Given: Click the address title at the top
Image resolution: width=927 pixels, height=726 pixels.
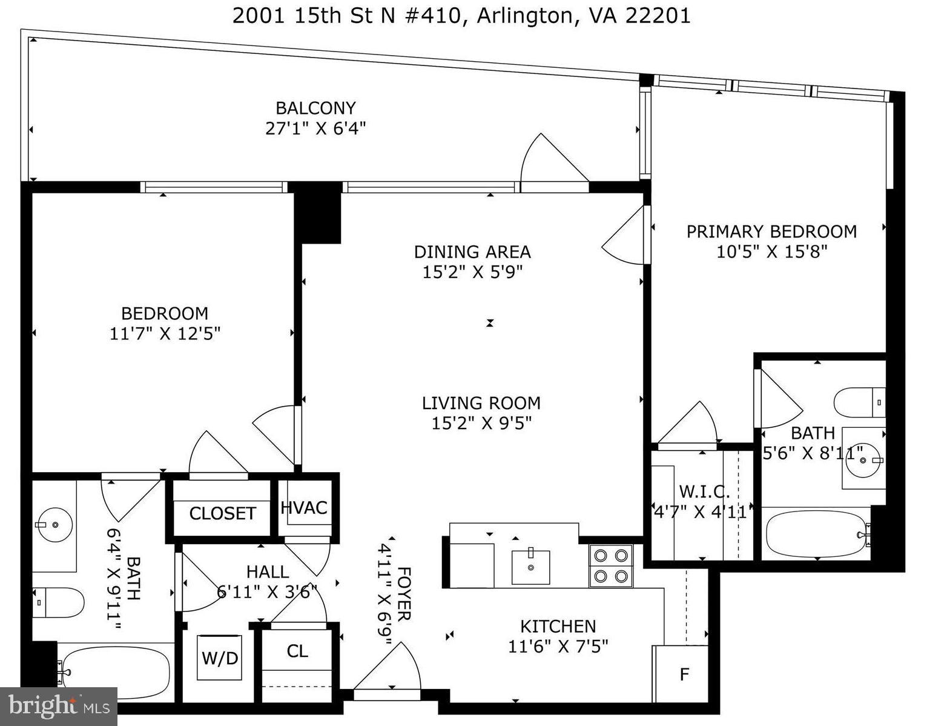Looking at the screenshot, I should pyautogui.click(x=461, y=15).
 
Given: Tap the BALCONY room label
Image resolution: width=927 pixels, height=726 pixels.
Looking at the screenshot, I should pyautogui.click(x=315, y=108).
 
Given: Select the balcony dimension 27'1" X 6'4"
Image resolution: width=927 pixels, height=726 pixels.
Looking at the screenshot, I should pyautogui.click(x=315, y=128).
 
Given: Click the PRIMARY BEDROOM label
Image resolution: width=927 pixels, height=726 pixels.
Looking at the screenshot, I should pyautogui.click(x=771, y=231).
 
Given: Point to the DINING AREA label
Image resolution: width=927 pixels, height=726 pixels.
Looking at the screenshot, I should pyautogui.click(x=472, y=251).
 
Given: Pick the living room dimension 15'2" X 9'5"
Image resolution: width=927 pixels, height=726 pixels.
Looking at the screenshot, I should pyautogui.click(x=481, y=423).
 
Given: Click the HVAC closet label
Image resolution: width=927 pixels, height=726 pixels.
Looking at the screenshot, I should pyautogui.click(x=304, y=508).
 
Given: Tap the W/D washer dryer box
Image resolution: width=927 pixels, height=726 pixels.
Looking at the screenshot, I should pyautogui.click(x=220, y=658).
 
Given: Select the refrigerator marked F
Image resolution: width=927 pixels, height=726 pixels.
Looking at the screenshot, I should pyautogui.click(x=684, y=674).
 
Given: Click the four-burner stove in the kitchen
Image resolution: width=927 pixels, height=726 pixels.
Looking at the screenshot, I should pyautogui.click(x=611, y=566).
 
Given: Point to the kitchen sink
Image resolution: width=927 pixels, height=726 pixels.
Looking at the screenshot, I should pyautogui.click(x=531, y=567).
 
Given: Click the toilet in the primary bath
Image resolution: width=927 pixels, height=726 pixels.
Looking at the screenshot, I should pyautogui.click(x=859, y=402).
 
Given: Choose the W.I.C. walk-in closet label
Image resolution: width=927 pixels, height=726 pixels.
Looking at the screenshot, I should pyautogui.click(x=704, y=491).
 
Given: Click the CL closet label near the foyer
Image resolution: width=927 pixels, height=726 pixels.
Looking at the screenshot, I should pyautogui.click(x=297, y=651).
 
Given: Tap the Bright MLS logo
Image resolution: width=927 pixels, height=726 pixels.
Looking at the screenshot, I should pyautogui.click(x=59, y=707).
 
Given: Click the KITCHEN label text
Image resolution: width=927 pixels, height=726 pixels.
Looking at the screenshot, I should pyautogui.click(x=558, y=626).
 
